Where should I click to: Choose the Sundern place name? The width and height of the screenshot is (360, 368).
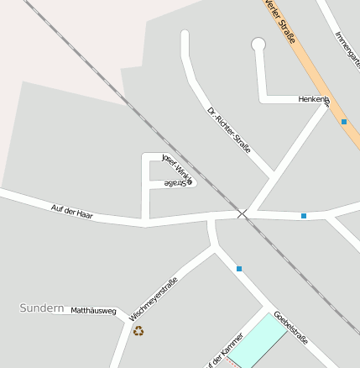click(42, 308)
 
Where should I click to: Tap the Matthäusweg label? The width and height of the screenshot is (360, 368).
click(93, 310)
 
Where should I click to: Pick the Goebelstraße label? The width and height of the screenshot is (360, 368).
click(291, 328)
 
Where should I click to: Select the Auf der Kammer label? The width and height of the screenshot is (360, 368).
click(224, 352)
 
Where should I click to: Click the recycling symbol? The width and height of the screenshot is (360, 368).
click(138, 331)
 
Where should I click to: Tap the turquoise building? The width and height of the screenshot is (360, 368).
click(258, 339)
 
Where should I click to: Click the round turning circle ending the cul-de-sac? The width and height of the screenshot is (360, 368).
click(258, 45)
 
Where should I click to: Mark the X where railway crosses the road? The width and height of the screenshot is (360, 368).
click(243, 214)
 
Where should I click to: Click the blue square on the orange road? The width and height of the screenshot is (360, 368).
click(344, 122)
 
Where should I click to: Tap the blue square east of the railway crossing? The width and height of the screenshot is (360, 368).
click(304, 216)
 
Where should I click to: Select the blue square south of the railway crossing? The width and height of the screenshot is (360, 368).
click(239, 269)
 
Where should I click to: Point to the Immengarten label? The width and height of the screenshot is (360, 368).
click(347, 50)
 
